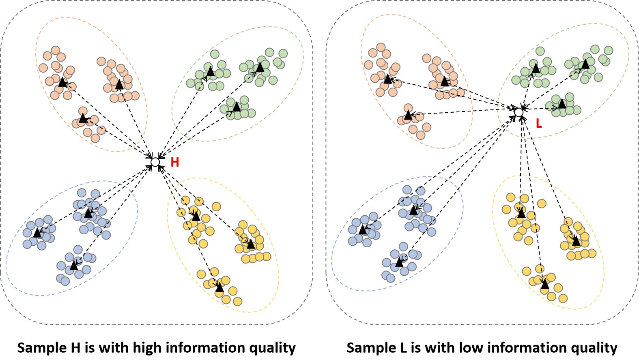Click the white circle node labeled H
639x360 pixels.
point(155,162)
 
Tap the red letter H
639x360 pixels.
point(175,163)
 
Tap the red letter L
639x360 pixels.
point(539,124)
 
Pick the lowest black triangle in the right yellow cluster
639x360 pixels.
point(545,285)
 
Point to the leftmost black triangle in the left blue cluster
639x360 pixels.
point(37,233)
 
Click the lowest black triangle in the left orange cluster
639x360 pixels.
point(83,118)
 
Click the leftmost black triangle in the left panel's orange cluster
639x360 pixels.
point(62,82)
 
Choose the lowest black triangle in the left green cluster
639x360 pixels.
point(236,107)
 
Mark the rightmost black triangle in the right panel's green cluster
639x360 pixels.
point(585,64)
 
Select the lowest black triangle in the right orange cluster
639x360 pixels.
point(408,115)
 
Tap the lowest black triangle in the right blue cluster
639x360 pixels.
point(399,263)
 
